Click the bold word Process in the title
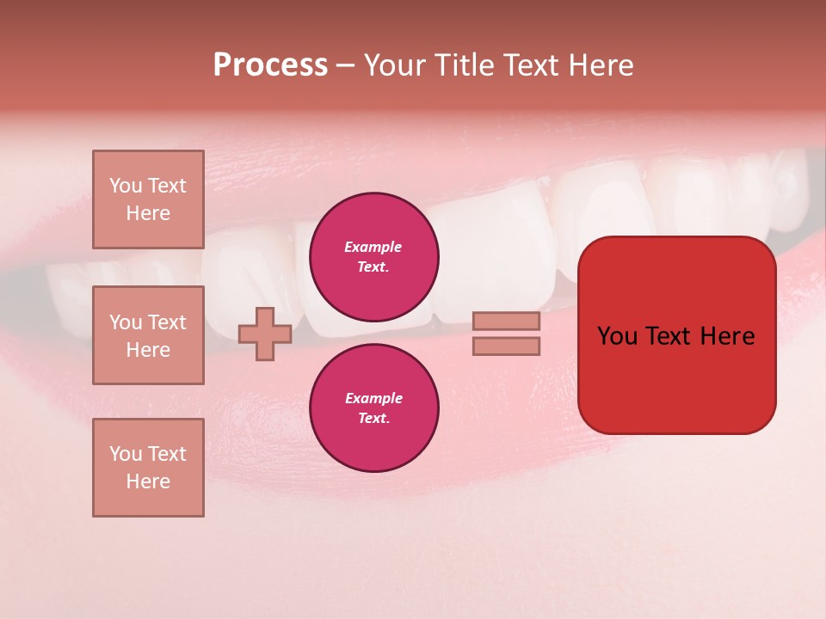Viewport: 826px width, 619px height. coord(270,65)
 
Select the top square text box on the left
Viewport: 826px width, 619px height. coord(148,199)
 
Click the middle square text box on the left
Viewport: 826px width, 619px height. coord(148,335)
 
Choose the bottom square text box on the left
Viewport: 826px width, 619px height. coord(148,468)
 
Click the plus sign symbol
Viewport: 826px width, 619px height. coord(265,334)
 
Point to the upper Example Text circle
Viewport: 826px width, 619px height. coord(373,257)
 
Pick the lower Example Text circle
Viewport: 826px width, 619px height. coord(373,408)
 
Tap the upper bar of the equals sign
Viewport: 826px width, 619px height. coord(506,321)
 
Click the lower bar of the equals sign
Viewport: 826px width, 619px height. coord(506,346)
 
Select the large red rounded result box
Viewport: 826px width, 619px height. coord(676,335)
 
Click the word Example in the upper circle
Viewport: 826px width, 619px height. coord(373,247)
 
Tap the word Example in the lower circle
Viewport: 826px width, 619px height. coord(373,398)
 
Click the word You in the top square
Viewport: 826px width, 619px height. coord(126,186)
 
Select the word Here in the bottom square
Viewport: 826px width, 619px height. coord(148,481)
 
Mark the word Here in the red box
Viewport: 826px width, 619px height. coord(728,336)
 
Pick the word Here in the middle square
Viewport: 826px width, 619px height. coord(148,350)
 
